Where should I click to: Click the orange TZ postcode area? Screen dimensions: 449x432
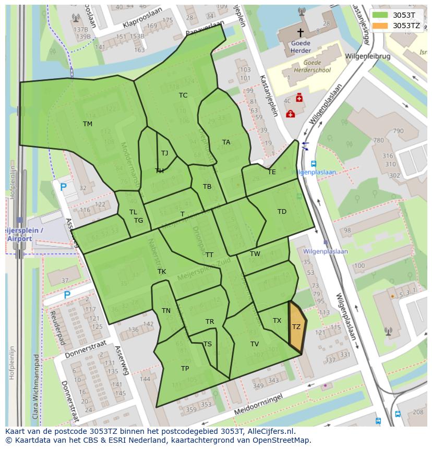coord(297,327)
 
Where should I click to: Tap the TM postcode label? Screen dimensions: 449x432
coord(88,124)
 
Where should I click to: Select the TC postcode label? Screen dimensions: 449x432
coord(183,95)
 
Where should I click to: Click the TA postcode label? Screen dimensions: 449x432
coord(226,142)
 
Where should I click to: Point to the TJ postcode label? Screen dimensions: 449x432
coord(165,153)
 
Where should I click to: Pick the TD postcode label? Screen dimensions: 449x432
coord(282,211)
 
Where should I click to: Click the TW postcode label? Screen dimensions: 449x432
coord(255,254)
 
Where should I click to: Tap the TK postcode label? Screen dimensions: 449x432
coord(162,272)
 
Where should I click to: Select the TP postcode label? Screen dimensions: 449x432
coord(185,368)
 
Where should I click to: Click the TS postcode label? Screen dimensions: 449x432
coord(208,344)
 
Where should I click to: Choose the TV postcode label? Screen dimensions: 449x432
coord(254,344)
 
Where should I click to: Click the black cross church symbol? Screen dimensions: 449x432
coord(300,32)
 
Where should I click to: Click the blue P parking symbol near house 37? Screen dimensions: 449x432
coord(67,295)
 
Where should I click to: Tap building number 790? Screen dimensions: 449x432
coord(398,131)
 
